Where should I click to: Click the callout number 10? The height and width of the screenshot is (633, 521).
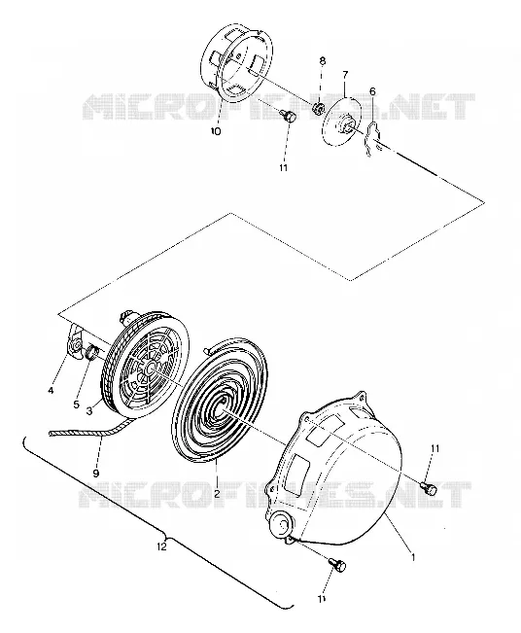216,131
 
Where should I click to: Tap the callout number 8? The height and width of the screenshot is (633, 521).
323,61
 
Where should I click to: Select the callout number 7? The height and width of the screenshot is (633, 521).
345,75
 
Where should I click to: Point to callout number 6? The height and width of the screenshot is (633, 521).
372,91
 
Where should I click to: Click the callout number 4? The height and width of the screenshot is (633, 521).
51,390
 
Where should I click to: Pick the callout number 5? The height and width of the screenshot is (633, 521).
77,404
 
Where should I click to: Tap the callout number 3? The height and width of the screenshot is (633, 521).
89,410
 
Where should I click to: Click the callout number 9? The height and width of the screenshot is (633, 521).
96,473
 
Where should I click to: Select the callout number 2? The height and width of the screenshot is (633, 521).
217,494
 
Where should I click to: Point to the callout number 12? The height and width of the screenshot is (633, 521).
161,547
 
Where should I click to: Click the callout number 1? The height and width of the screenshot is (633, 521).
413,557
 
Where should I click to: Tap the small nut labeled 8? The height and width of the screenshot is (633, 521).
320,107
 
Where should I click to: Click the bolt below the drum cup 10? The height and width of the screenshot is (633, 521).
291,117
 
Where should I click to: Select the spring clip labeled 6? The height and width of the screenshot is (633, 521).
371,137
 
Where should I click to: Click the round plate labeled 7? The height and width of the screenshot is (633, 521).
342,120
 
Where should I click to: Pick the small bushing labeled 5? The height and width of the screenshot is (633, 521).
92,352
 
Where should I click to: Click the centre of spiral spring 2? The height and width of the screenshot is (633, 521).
223,410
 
